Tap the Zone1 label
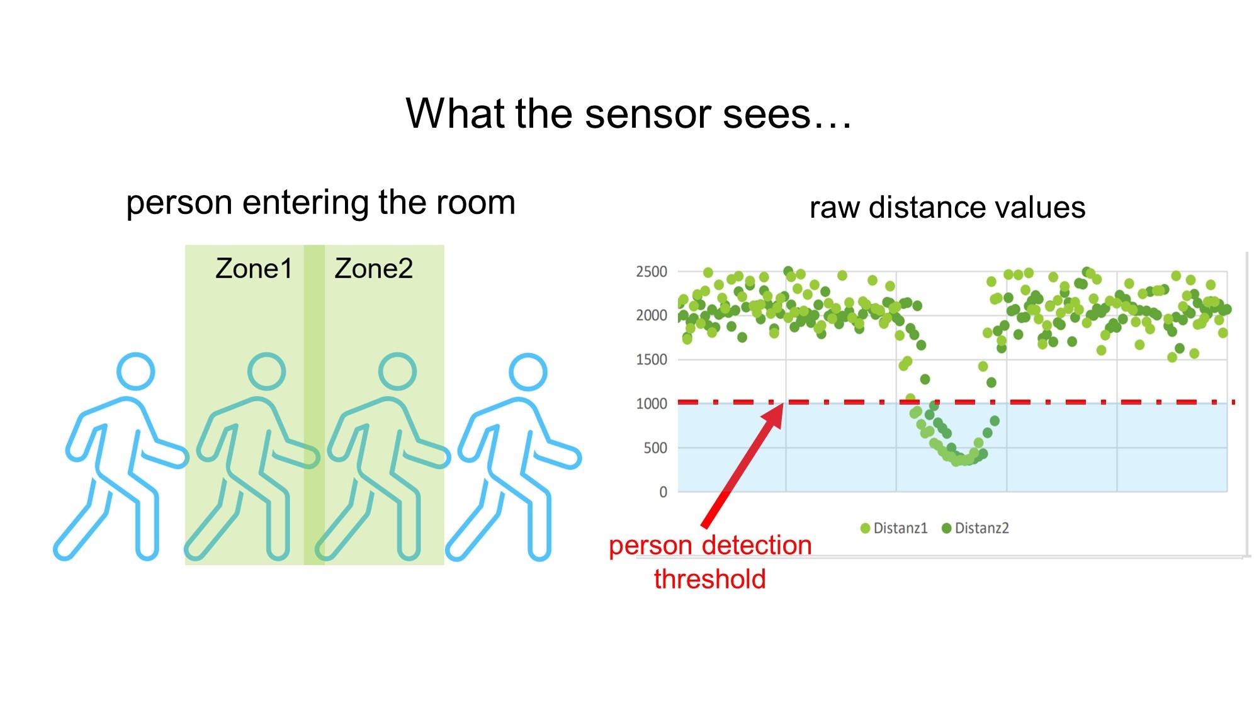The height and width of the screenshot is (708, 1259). (254, 269)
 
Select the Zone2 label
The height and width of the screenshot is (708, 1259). (374, 269)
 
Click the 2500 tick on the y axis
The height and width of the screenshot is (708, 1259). (652, 272)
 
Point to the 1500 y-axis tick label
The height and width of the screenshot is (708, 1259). (652, 359)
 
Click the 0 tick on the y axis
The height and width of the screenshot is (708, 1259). (663, 492)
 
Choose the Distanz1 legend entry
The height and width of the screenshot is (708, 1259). (895, 528)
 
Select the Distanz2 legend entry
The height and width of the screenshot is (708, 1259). (976, 528)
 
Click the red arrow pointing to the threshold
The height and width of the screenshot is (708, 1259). (743, 466)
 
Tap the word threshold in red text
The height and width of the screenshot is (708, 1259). (710, 579)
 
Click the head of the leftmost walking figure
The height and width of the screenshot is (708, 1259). (136, 371)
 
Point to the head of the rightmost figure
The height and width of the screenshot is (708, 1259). (528, 371)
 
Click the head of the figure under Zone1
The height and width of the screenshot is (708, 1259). (266, 371)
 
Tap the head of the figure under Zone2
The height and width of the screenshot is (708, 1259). (397, 371)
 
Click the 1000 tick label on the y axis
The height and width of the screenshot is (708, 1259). (652, 404)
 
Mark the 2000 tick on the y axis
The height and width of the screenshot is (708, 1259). (652, 315)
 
